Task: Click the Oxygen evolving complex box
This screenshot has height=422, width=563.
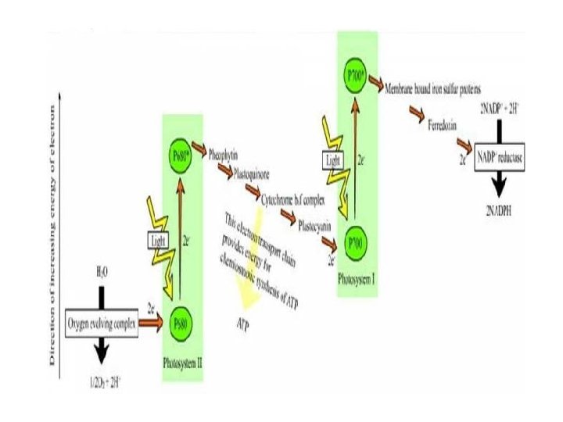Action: pyautogui.click(x=101, y=320)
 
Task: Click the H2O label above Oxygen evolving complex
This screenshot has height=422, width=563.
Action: pyautogui.click(x=102, y=274)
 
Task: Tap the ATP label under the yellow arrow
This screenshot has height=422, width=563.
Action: pyautogui.click(x=243, y=322)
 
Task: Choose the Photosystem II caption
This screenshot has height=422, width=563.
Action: pyautogui.click(x=182, y=363)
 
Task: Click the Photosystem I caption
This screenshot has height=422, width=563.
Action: pyautogui.click(x=356, y=278)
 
